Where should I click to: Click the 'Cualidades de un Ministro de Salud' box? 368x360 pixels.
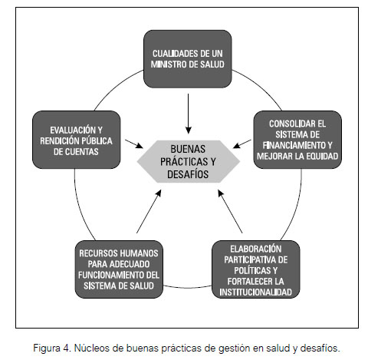coord(188,59)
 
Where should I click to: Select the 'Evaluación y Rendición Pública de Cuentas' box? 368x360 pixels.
coord(77,140)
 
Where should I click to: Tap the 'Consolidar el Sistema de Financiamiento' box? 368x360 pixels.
coord(297,140)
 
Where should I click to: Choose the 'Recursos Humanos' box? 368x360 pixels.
coord(119,269)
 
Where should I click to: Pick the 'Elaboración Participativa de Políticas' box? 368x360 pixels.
coord(256,269)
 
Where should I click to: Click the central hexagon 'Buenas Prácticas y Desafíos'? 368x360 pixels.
coord(189,161)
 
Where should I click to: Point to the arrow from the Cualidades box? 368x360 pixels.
coord(189,114)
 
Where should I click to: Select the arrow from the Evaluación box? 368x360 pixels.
coord(134,144)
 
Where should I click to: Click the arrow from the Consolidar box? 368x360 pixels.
coord(242,144)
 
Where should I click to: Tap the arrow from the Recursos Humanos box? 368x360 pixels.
coord(149,211)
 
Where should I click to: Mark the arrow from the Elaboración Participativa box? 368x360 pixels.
coord(230,211)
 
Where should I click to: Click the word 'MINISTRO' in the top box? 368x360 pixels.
coord(169,64)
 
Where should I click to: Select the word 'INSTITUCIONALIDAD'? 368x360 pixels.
coord(256,292)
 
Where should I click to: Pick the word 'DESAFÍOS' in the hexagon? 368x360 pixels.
coord(188,174)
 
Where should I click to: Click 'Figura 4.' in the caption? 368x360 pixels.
coord(52,348)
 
